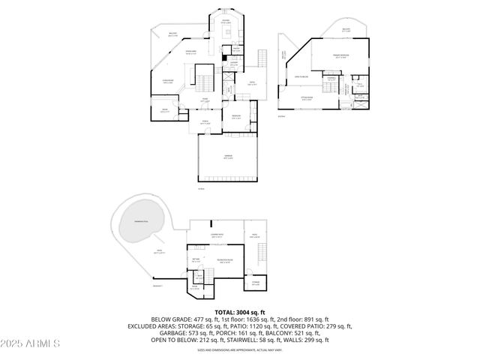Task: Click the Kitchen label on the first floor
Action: (x=226, y=22)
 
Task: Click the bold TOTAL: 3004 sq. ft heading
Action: (x=240, y=312)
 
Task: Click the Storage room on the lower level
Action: (x=255, y=283)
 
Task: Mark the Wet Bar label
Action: (x=196, y=260)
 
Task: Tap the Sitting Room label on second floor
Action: (x=307, y=97)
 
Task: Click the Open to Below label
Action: (x=302, y=76)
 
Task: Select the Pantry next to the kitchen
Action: (x=235, y=49)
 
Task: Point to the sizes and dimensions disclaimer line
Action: (x=240, y=349)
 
